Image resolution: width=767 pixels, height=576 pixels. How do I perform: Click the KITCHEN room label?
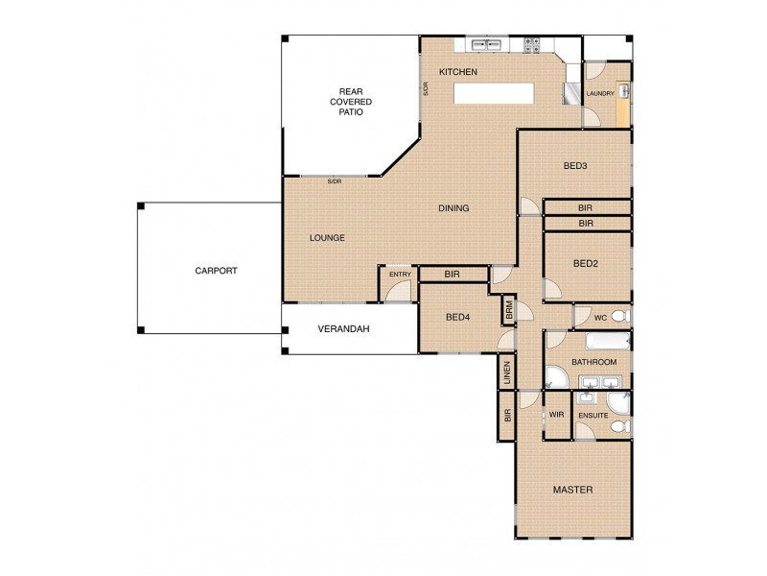click(457, 73)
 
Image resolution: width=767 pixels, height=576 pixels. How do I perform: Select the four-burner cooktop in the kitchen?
click(534, 45)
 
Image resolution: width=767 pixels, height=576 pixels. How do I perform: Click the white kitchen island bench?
click(495, 92)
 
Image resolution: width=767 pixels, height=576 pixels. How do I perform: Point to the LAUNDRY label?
click(600, 93)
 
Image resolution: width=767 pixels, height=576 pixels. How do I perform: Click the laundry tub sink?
click(623, 91)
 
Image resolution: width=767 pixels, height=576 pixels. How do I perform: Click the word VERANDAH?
click(344, 329)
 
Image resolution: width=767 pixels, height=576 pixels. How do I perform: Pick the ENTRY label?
click(400, 275)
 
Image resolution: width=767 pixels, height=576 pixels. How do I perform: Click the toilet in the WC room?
click(619, 316)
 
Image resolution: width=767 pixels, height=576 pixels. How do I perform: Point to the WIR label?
click(556, 415)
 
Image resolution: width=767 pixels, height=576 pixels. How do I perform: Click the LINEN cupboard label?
click(506, 373)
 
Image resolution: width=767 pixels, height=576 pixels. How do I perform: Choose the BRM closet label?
click(509, 311)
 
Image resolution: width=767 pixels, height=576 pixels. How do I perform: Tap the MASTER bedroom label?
click(572, 491)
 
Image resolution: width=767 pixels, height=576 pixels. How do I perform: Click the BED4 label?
click(456, 318)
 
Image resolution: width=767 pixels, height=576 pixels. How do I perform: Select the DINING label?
click(453, 208)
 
